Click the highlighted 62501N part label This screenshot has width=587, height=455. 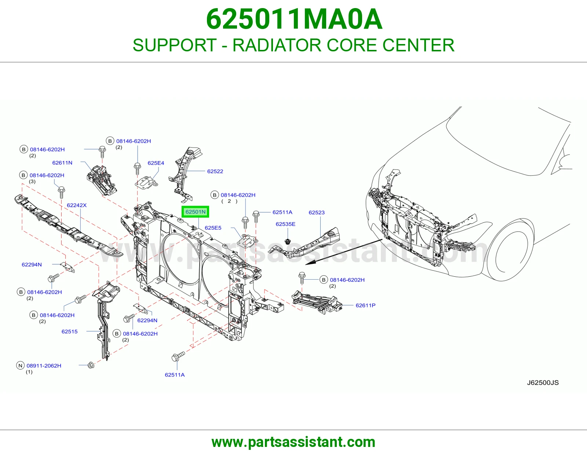coord(195,212)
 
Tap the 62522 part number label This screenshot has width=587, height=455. coord(215,171)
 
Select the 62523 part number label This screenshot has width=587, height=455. coord(317,212)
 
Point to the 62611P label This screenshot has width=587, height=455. coord(365,305)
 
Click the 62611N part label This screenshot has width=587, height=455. coord(62,163)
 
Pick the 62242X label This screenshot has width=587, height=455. coord(77,205)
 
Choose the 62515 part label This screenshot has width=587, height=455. coord(69,331)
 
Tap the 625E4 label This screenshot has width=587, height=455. coord(156,163)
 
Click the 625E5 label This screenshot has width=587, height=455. coord(213,228)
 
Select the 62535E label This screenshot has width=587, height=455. coord(285,224)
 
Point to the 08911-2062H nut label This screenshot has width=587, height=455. coord(44,365)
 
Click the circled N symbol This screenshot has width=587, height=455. coord(20,365)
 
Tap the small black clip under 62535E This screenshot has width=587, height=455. coord(287,241)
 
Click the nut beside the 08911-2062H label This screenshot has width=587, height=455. coord(91,365)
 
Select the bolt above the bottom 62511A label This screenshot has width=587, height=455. coord(178,356)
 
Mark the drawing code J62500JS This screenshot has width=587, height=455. coord(543,383)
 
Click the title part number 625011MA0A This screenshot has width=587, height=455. coord(294,19)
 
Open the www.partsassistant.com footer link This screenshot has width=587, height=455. coord(293,442)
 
